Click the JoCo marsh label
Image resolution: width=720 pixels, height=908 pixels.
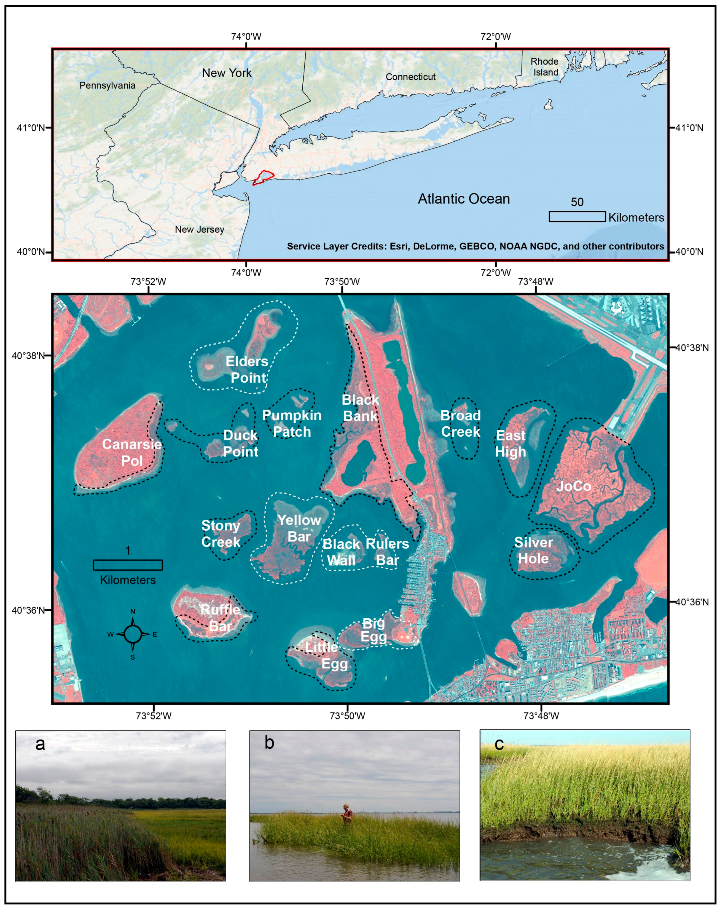tap(573, 487)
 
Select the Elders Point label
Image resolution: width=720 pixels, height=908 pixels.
tap(248, 369)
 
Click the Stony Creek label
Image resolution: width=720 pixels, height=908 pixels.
tap(221, 534)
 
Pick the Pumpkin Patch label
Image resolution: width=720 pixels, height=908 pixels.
tap(292, 423)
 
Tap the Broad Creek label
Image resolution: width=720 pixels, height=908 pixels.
tap(460, 423)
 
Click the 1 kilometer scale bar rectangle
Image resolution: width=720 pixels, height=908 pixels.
tap(128, 565)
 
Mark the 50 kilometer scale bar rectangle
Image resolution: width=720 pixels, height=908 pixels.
tap(577, 216)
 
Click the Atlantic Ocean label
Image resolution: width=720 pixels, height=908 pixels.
tap(464, 199)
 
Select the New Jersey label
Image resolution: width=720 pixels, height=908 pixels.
tap(200, 230)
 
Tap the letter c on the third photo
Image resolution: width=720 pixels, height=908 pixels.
tap(499, 744)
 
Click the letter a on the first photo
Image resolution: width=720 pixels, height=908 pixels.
tap(40, 744)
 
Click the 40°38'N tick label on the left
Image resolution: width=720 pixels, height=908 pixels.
tap(28, 356)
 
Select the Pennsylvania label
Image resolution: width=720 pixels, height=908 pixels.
tap(108, 85)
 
